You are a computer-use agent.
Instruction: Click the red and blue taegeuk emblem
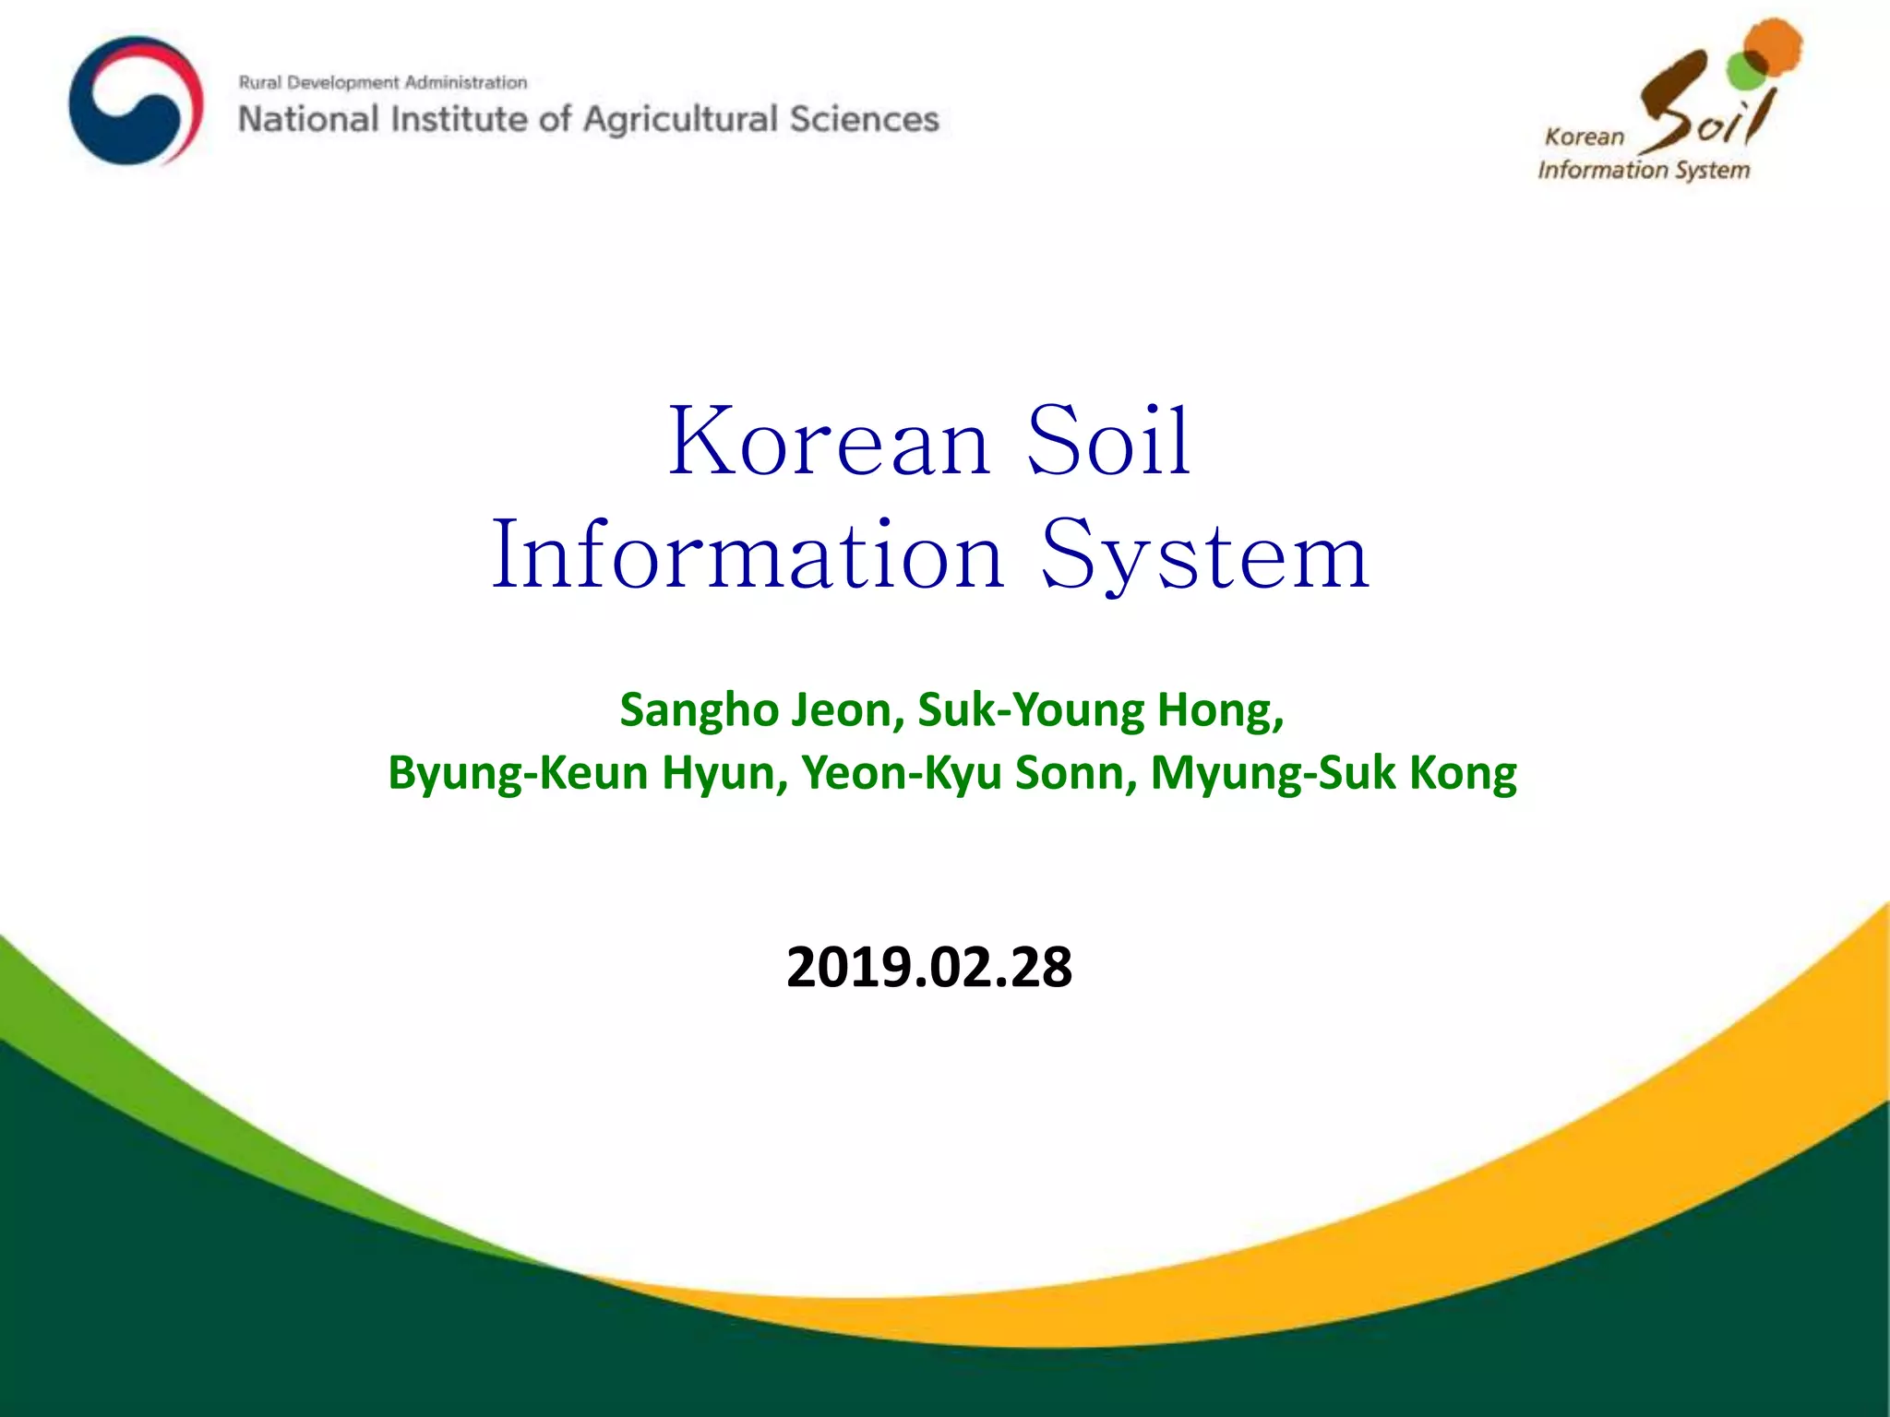coord(137,101)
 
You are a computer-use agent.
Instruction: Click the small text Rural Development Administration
coord(383,83)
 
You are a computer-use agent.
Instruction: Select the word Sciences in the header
coord(864,120)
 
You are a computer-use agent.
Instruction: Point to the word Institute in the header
coord(459,120)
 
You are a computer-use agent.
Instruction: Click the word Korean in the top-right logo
coord(1585,137)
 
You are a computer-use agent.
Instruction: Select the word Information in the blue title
coord(748,555)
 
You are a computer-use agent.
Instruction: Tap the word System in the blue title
coord(1204,555)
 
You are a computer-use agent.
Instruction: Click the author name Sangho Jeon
coord(761,710)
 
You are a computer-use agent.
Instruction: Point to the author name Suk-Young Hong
coord(1100,710)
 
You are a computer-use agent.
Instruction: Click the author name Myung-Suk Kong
coord(1334,773)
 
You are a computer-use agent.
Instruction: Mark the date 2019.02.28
coord(929,968)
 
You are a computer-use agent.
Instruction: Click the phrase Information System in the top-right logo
coord(1644,171)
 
